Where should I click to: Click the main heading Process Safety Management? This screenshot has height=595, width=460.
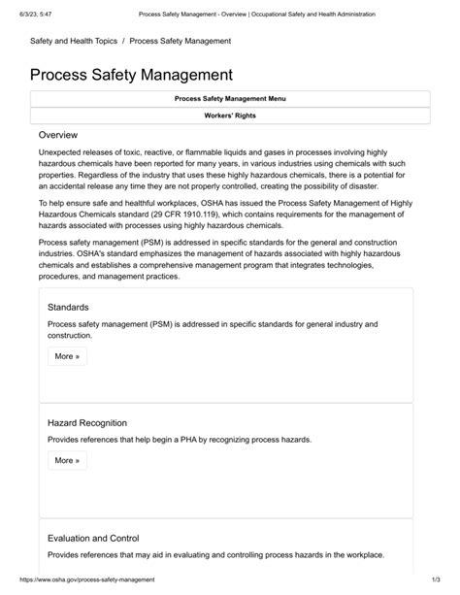coord(131,74)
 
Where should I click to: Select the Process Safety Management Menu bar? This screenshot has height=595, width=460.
coord(230,99)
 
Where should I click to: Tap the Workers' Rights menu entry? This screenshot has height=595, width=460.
coord(230,116)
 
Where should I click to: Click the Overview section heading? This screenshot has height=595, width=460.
coord(58,135)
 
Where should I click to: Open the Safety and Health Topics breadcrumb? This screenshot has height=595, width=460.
coord(72,41)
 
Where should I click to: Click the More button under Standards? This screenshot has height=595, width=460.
coord(67,356)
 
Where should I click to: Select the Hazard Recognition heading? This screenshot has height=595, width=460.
coord(87,423)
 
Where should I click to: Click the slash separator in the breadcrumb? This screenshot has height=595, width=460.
coord(124,41)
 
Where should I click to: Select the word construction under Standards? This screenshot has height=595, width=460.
coord(70,335)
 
